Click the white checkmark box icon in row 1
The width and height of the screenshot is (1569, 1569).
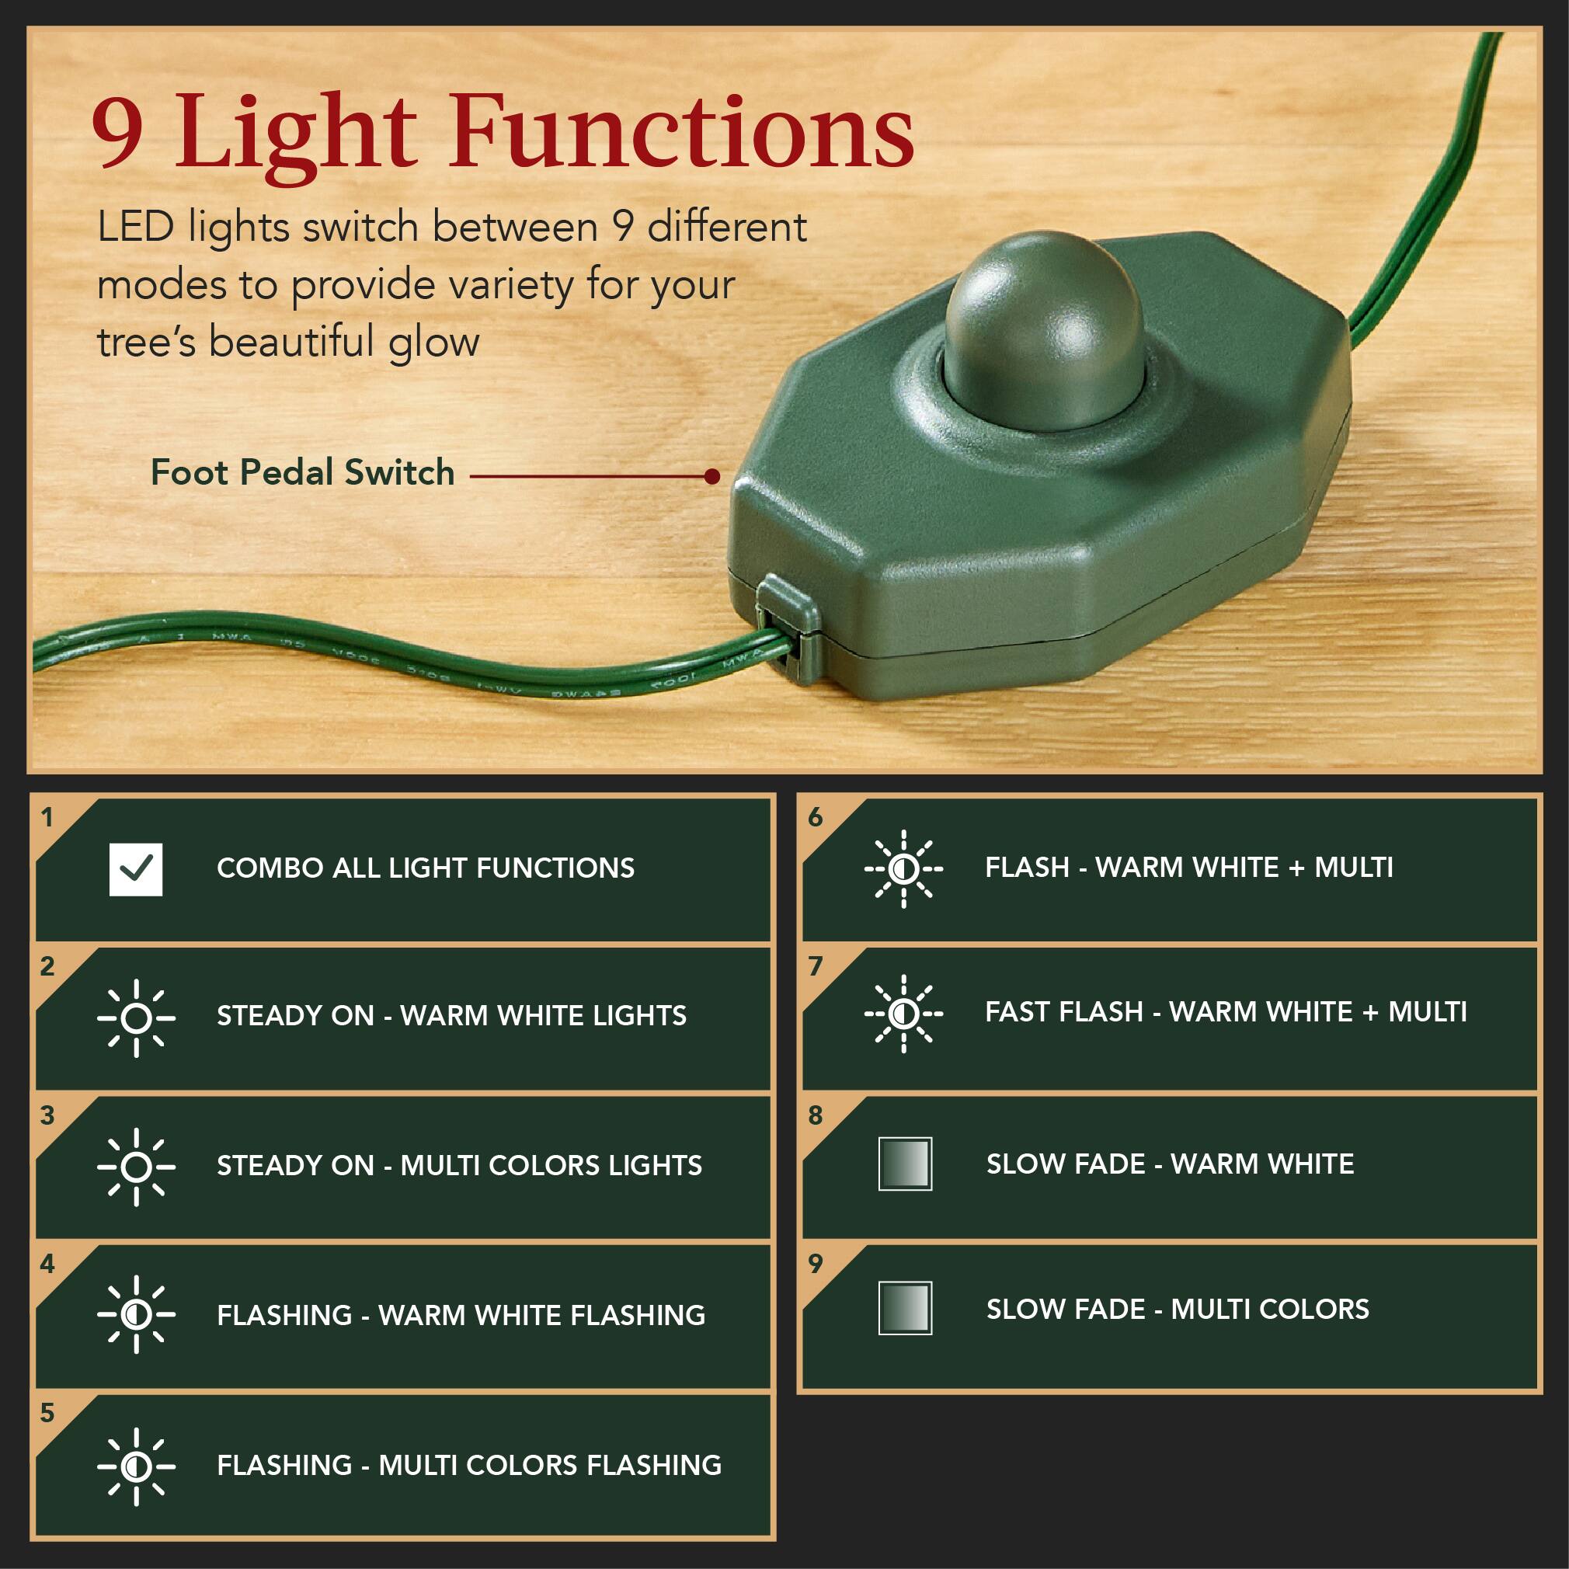(x=136, y=869)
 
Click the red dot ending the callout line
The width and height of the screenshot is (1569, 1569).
(x=712, y=476)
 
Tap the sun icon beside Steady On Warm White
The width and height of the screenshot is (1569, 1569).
(x=136, y=1018)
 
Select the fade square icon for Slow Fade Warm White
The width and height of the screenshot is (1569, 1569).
(x=905, y=1164)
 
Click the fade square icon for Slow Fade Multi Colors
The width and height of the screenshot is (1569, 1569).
(x=905, y=1308)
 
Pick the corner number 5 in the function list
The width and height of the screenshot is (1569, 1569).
(x=47, y=1413)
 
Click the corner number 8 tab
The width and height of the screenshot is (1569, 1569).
(x=816, y=1115)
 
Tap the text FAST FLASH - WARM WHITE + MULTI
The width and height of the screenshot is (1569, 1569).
(x=1226, y=1012)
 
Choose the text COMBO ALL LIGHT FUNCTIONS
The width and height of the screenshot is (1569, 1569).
(x=426, y=868)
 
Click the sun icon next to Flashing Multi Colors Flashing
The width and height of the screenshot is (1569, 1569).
(x=136, y=1466)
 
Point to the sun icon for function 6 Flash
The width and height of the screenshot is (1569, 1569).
(x=903, y=869)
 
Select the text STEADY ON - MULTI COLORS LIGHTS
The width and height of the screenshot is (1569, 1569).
(x=459, y=1165)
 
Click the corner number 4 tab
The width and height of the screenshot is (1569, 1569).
(x=47, y=1264)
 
